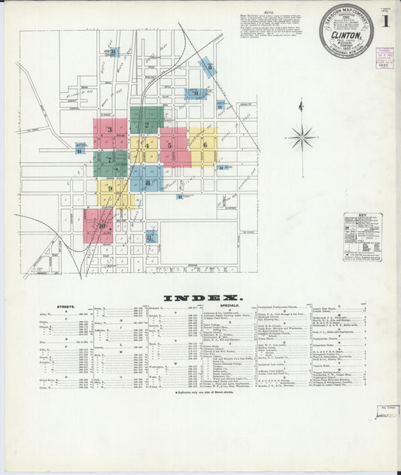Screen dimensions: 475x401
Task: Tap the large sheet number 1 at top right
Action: coord(384,21)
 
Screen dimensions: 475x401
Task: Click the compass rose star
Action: coord(301,138)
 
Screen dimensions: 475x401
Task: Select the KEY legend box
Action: coord(362,236)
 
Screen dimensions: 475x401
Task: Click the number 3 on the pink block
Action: coord(110,130)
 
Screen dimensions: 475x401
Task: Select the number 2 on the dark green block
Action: coord(147,120)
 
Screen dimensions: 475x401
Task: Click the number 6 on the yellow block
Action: coord(204,144)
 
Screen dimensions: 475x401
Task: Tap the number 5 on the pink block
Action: coord(170,145)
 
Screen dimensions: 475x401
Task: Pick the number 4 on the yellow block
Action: coord(147,144)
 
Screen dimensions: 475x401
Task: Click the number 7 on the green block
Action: coord(110,159)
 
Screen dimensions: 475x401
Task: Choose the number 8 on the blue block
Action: coord(147,182)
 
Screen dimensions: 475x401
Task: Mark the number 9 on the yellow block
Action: coord(110,189)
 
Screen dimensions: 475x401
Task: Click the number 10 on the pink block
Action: coord(100,224)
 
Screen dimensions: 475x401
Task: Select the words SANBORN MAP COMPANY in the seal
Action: coord(346,14)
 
